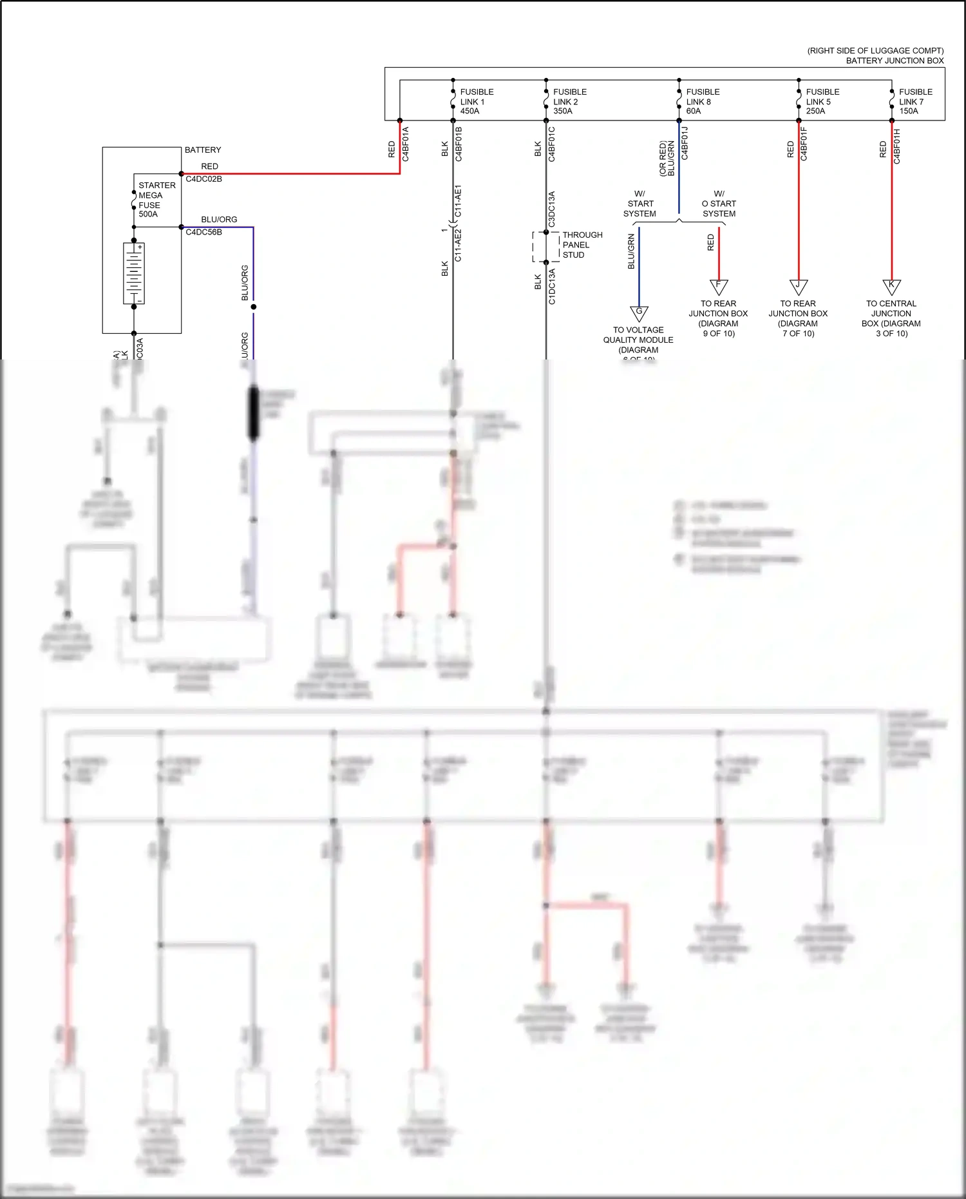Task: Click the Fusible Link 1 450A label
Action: tap(477, 102)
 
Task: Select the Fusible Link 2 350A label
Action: tap(569, 102)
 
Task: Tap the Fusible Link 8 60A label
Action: tap(703, 102)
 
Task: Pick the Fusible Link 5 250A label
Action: tap(822, 102)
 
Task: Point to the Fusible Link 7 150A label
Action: tap(915, 102)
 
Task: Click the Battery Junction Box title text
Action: tap(895, 61)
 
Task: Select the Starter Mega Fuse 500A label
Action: tap(156, 200)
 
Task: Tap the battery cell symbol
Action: tap(134, 273)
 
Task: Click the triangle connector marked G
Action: tap(639, 313)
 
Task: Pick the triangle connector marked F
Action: tap(719, 286)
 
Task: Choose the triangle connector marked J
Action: tap(799, 286)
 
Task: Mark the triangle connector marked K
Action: tap(891, 286)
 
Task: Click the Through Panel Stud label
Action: tap(582, 245)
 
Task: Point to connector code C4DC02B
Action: tap(204, 179)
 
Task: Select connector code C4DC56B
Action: tap(204, 232)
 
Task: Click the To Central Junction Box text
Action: tap(891, 318)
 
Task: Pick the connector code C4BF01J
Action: tap(685, 143)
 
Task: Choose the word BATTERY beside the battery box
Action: tap(203, 150)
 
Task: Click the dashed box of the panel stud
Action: tap(545, 247)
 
